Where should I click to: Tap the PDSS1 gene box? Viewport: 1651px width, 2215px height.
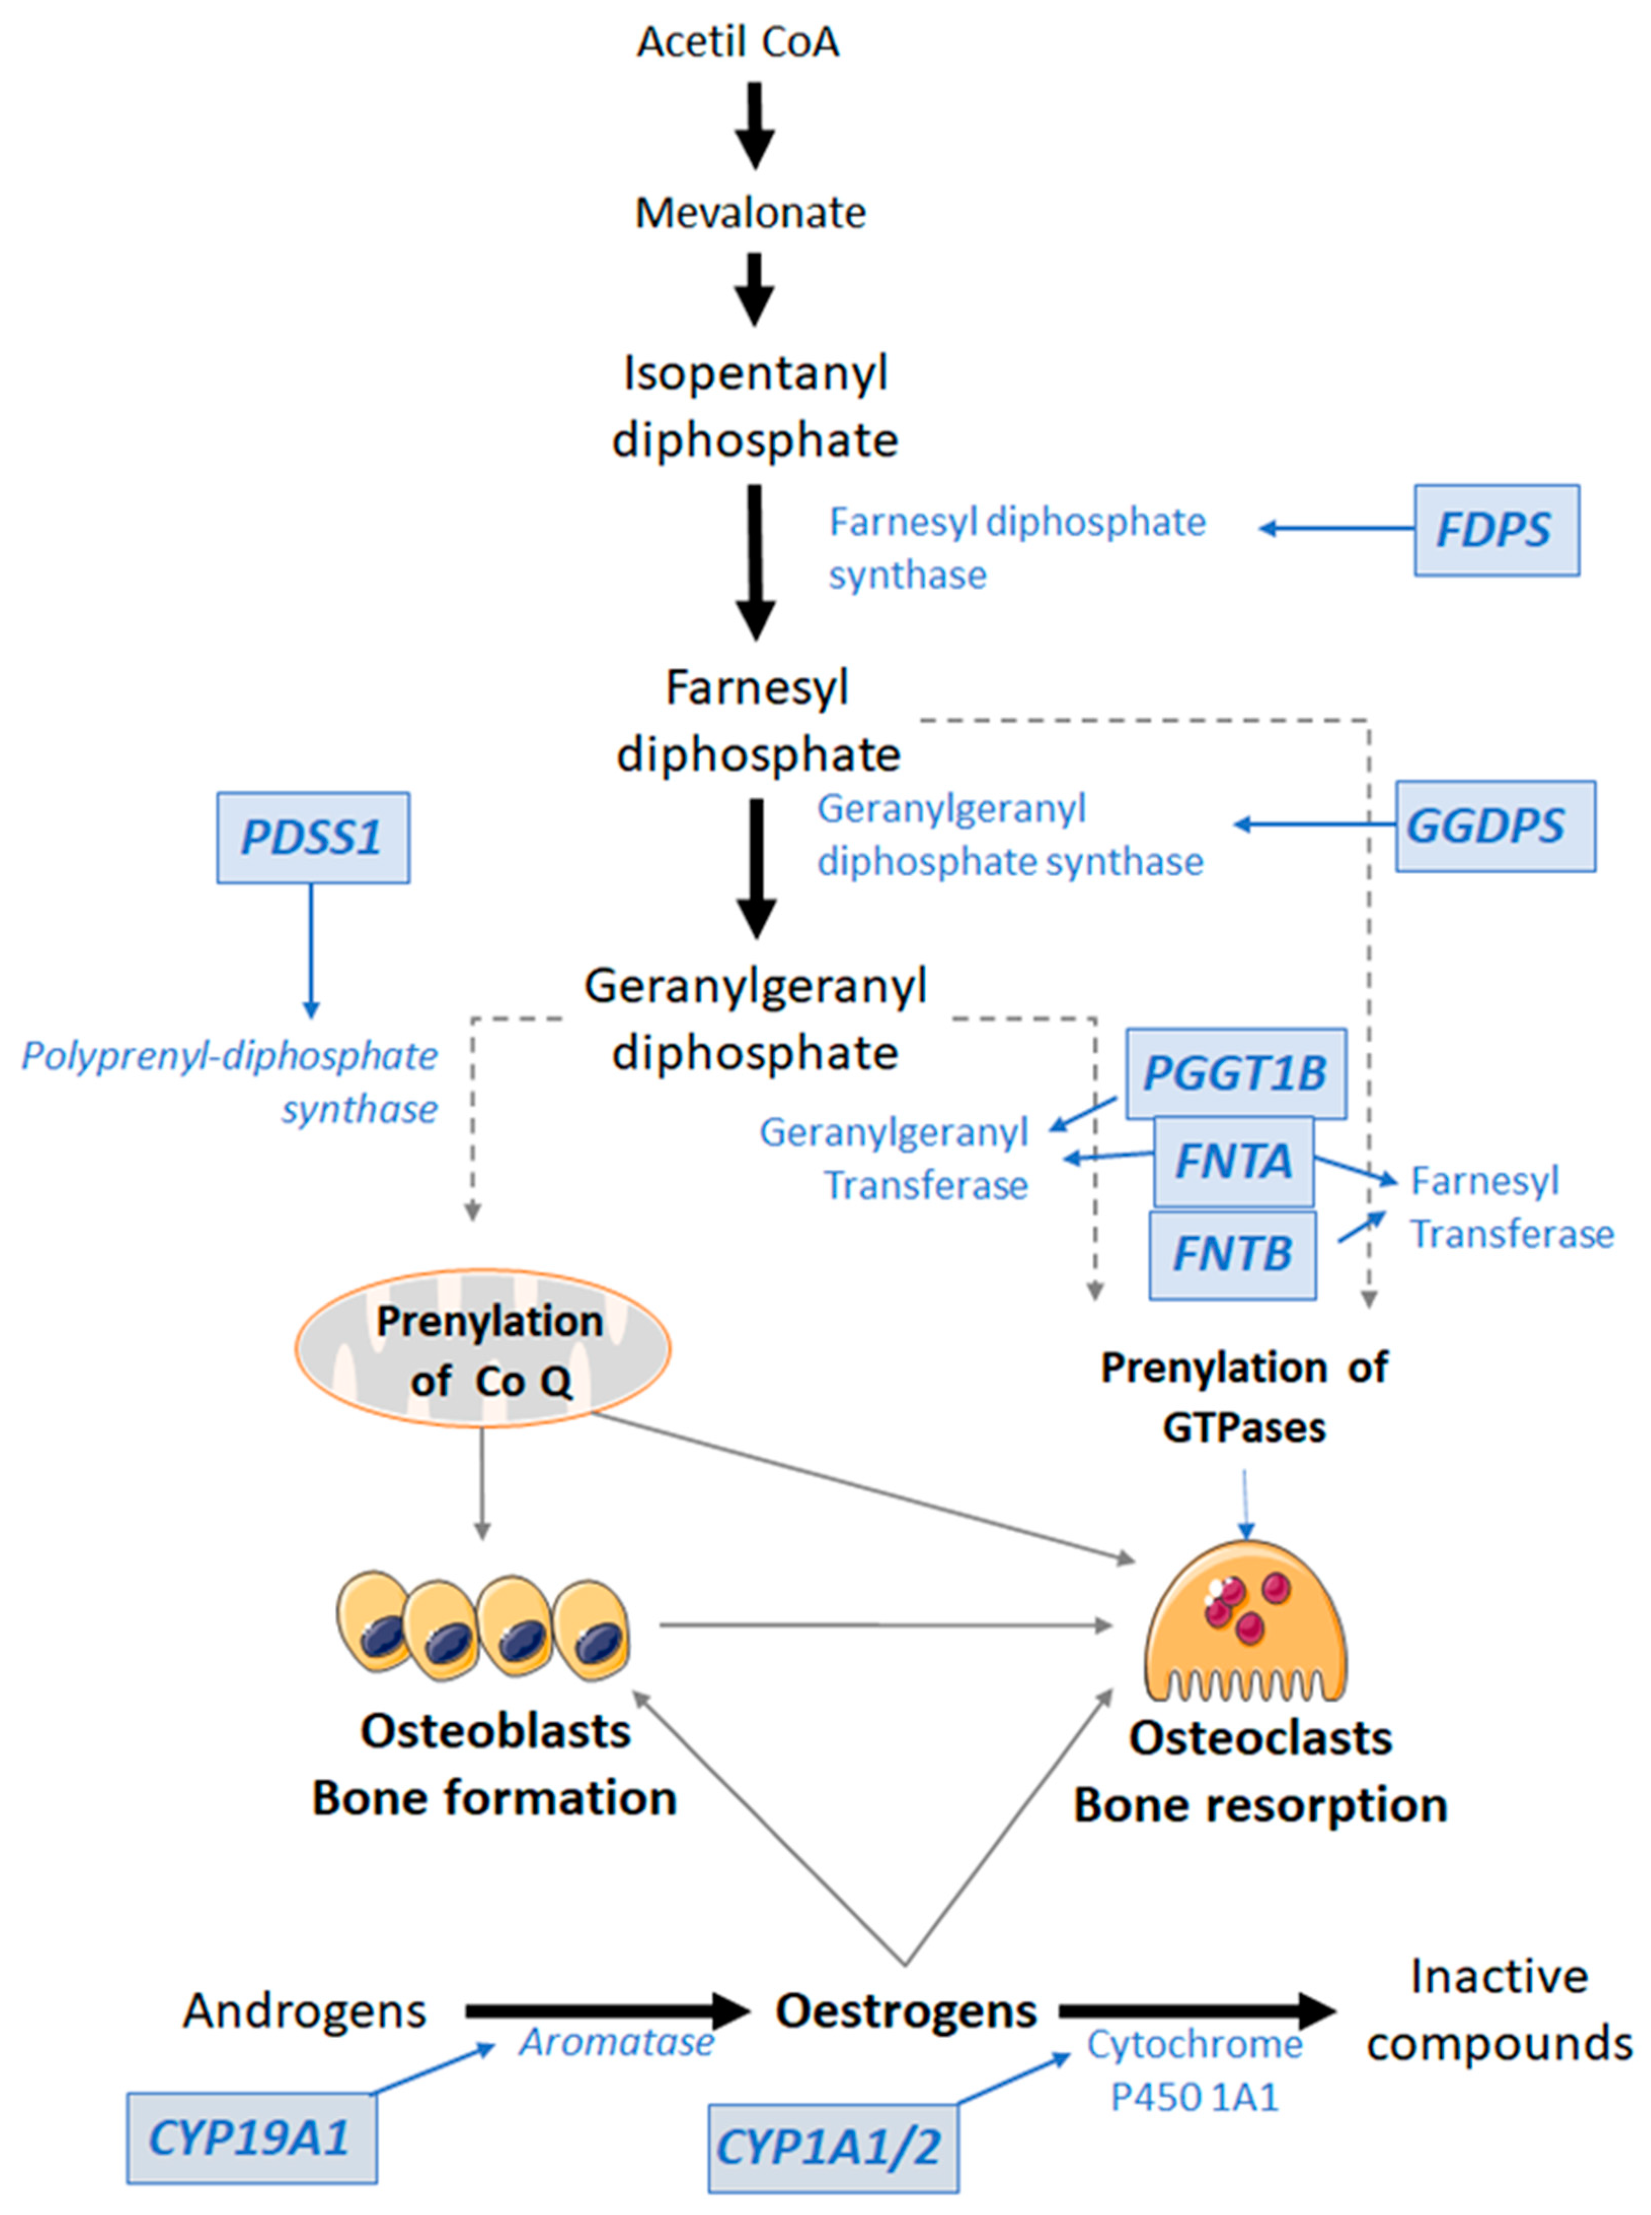click(x=313, y=837)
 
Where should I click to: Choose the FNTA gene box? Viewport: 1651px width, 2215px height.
click(x=1233, y=1161)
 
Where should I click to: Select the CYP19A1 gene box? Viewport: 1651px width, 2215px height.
click(x=251, y=2138)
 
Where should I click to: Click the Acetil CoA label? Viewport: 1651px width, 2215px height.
click(x=739, y=42)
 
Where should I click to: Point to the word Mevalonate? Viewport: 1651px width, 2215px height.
click(x=751, y=213)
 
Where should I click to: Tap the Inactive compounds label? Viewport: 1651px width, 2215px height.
click(x=1499, y=2008)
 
